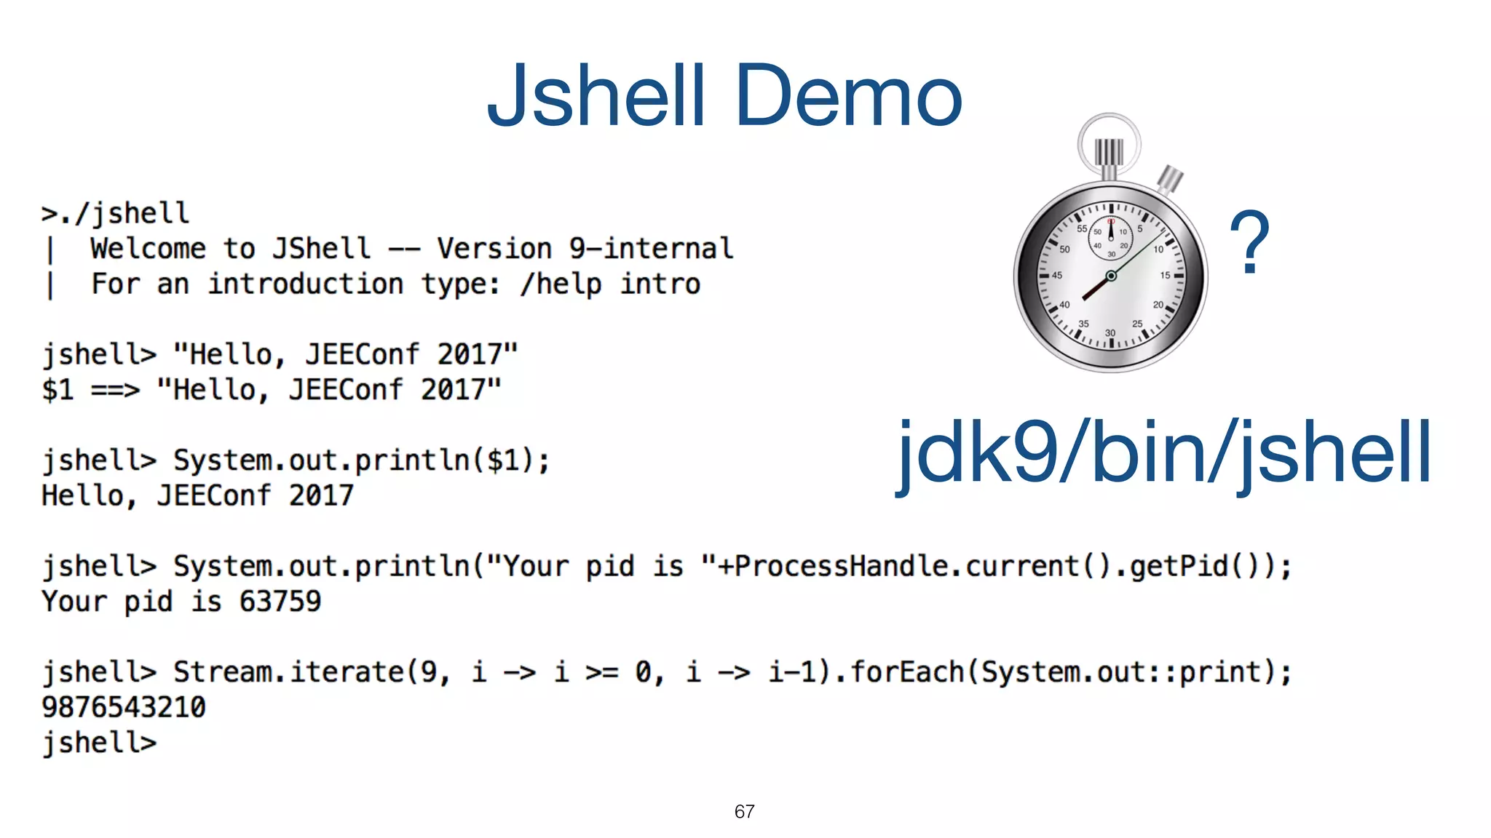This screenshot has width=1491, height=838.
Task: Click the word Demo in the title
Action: click(x=849, y=96)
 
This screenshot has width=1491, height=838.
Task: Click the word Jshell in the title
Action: click(x=597, y=96)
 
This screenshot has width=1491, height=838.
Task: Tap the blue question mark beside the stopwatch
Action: click(x=1249, y=243)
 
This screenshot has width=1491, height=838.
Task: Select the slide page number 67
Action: click(x=744, y=812)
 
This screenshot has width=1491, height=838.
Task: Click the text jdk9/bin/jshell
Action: click(x=1163, y=453)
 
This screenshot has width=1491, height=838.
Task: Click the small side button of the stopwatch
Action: click(x=1171, y=178)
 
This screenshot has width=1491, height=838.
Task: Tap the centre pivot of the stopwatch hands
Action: click(x=1111, y=276)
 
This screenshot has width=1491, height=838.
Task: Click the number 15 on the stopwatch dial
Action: click(x=1165, y=275)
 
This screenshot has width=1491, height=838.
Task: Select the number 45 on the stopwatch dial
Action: click(x=1057, y=275)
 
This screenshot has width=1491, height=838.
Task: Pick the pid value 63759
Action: click(x=280, y=602)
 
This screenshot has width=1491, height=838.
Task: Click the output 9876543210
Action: click(x=124, y=707)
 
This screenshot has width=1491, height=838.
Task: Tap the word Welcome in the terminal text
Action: click(x=148, y=249)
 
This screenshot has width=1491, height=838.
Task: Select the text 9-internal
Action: click(x=651, y=249)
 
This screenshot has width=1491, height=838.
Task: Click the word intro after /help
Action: click(x=660, y=284)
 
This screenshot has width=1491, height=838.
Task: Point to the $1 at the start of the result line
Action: click(x=58, y=390)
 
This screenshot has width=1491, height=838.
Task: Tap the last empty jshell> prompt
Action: click(x=99, y=743)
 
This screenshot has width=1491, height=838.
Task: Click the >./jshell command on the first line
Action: click(x=116, y=214)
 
